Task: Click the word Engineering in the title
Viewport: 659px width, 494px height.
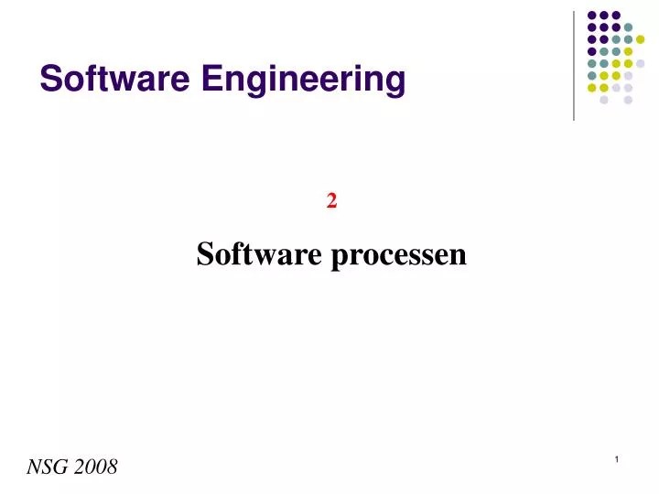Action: pyautogui.click(x=303, y=81)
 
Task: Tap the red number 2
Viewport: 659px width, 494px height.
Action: pyautogui.click(x=331, y=202)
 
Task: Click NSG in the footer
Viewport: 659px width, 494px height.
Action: pyautogui.click(x=47, y=467)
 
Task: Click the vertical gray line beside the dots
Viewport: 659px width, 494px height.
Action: pyautogui.click(x=574, y=64)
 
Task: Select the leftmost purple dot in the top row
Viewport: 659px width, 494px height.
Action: pyautogui.click(x=592, y=15)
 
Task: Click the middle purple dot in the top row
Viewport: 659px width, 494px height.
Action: pyautogui.click(x=604, y=15)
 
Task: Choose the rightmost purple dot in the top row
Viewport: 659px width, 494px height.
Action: pyautogui.click(x=616, y=15)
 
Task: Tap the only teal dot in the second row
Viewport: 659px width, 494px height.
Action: pyautogui.click(x=628, y=27)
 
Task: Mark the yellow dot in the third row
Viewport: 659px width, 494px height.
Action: pyautogui.click(x=641, y=39)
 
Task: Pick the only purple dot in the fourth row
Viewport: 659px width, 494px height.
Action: pyautogui.click(x=592, y=51)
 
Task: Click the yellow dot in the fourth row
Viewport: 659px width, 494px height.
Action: pyautogui.click(x=628, y=51)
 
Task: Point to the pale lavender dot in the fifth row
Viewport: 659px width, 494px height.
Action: pyautogui.click(x=641, y=63)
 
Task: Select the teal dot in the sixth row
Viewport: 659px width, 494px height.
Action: pyautogui.click(x=592, y=76)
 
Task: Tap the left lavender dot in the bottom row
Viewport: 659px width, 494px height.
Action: pyautogui.click(x=604, y=100)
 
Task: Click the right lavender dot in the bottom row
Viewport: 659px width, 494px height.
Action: pyautogui.click(x=628, y=100)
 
